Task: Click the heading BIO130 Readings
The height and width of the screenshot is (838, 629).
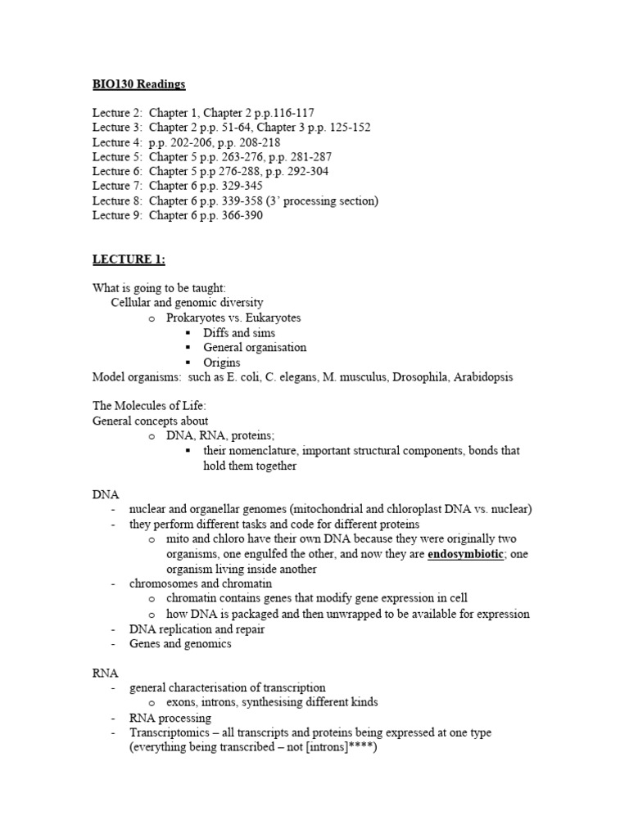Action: pyautogui.click(x=138, y=84)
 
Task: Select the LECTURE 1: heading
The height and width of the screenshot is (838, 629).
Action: pyautogui.click(x=129, y=259)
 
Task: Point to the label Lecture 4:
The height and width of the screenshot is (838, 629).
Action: pyautogui.click(x=117, y=142)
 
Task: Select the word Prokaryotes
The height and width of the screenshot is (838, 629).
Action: pyautogui.click(x=196, y=318)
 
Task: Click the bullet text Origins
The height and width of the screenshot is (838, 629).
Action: pyautogui.click(x=222, y=362)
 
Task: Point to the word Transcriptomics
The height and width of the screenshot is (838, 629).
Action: pyautogui.click(x=168, y=732)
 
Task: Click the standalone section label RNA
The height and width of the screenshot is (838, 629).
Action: pyautogui.click(x=106, y=673)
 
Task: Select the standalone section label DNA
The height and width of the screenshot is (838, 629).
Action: pyautogui.click(x=106, y=494)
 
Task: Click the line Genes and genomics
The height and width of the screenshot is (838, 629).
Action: pyautogui.click(x=180, y=643)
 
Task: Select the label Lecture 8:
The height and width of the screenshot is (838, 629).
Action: pyautogui.click(x=117, y=200)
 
